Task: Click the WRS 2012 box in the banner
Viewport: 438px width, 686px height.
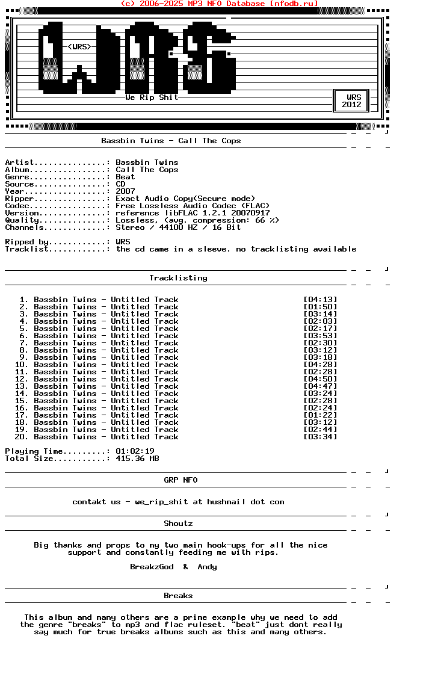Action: pyautogui.click(x=351, y=100)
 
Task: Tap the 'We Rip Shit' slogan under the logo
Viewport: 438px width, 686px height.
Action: pyautogui.click(x=152, y=97)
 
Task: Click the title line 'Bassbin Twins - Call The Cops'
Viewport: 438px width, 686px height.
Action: pyautogui.click(x=171, y=141)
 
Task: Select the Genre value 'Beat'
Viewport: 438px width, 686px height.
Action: pyautogui.click(x=125, y=177)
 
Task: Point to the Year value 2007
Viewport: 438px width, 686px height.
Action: pyautogui.click(x=125, y=191)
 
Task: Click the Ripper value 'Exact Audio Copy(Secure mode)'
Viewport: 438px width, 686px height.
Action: pyautogui.click(x=185, y=199)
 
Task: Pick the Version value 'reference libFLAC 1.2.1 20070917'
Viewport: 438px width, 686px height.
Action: pyautogui.click(x=193, y=213)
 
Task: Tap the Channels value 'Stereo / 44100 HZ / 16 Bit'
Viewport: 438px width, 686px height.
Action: pyautogui.click(x=178, y=227)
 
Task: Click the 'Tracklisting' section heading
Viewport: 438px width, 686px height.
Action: pyautogui.click(x=178, y=278)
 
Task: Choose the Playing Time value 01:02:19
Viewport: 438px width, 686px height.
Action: pyautogui.click(x=135, y=451)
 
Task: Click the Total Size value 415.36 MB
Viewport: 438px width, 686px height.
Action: pyautogui.click(x=137, y=459)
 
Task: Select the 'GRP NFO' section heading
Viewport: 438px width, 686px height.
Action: pyautogui.click(x=180, y=480)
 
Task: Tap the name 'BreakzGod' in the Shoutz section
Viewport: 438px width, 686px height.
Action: pyautogui.click(x=152, y=567)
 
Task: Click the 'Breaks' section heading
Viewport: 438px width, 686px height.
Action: pyautogui.click(x=178, y=596)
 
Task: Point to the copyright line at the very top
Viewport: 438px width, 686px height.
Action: pyautogui.click(x=219, y=4)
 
